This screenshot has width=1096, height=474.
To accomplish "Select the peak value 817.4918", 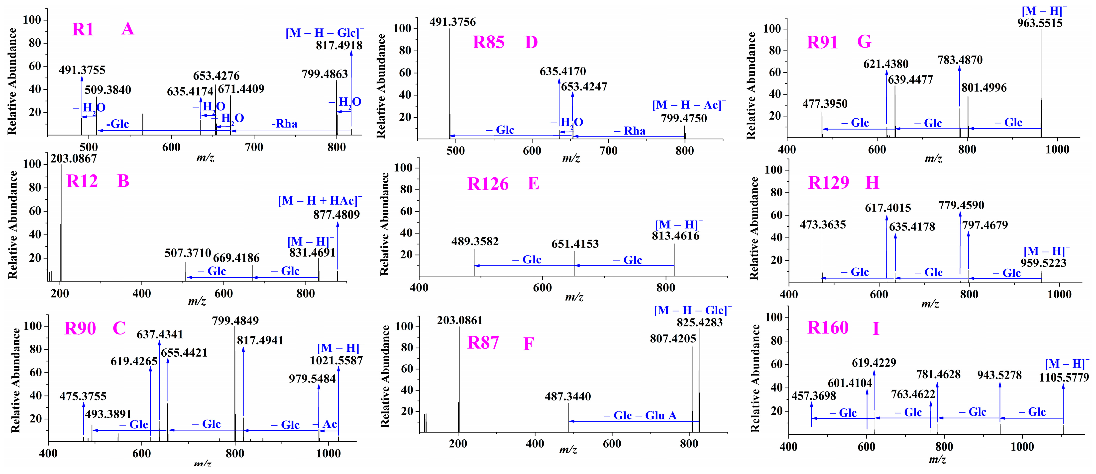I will click(339, 46).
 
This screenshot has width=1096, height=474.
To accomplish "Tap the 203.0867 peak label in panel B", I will click(74, 158).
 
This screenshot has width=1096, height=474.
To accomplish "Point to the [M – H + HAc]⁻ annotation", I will click(320, 201).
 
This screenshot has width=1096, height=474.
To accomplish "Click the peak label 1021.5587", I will click(336, 361).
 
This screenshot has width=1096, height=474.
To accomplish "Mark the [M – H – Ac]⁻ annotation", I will click(689, 105).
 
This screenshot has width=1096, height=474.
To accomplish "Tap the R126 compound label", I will click(488, 184).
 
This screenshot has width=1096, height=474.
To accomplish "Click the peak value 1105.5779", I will click(1063, 378).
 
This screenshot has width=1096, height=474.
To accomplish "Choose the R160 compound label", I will click(828, 328).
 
